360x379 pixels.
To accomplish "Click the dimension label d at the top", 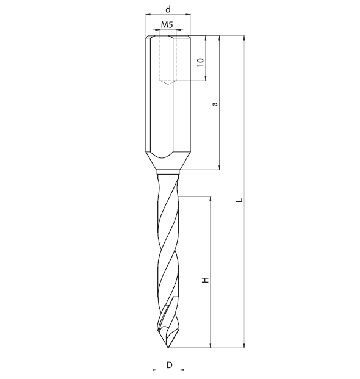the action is click(x=168, y=9).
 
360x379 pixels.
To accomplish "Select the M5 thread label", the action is click(x=167, y=24).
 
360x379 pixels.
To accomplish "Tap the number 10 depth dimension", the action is click(x=201, y=62).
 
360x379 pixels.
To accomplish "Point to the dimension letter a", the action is click(x=215, y=104).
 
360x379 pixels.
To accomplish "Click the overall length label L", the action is click(x=239, y=200).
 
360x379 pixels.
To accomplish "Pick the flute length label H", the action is click(x=205, y=280).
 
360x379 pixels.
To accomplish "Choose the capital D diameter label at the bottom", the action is click(x=170, y=365).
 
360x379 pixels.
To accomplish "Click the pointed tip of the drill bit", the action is click(x=168, y=348).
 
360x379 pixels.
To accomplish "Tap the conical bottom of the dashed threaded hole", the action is click(x=168, y=82).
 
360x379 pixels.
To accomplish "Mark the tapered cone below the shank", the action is click(x=168, y=161).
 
